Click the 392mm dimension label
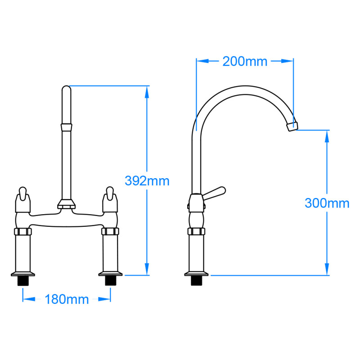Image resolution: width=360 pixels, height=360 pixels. (147, 181)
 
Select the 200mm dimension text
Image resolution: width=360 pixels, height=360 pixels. (245, 61)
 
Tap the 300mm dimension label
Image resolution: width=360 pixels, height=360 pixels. (327, 203)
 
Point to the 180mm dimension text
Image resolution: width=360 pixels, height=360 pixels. (67, 299)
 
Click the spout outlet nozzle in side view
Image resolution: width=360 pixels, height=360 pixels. (292, 126)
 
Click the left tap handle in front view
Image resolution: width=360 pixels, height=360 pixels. (22, 198)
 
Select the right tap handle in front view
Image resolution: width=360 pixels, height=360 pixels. (109, 198)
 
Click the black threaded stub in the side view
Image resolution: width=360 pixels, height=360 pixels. (196, 281)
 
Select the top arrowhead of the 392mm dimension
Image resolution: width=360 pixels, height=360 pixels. (147, 90)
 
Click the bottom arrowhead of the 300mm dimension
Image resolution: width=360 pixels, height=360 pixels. (327, 270)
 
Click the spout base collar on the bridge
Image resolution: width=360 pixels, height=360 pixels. (66, 205)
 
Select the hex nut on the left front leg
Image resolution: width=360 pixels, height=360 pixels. (22, 232)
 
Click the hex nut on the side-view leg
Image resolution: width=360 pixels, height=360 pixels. (196, 232)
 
